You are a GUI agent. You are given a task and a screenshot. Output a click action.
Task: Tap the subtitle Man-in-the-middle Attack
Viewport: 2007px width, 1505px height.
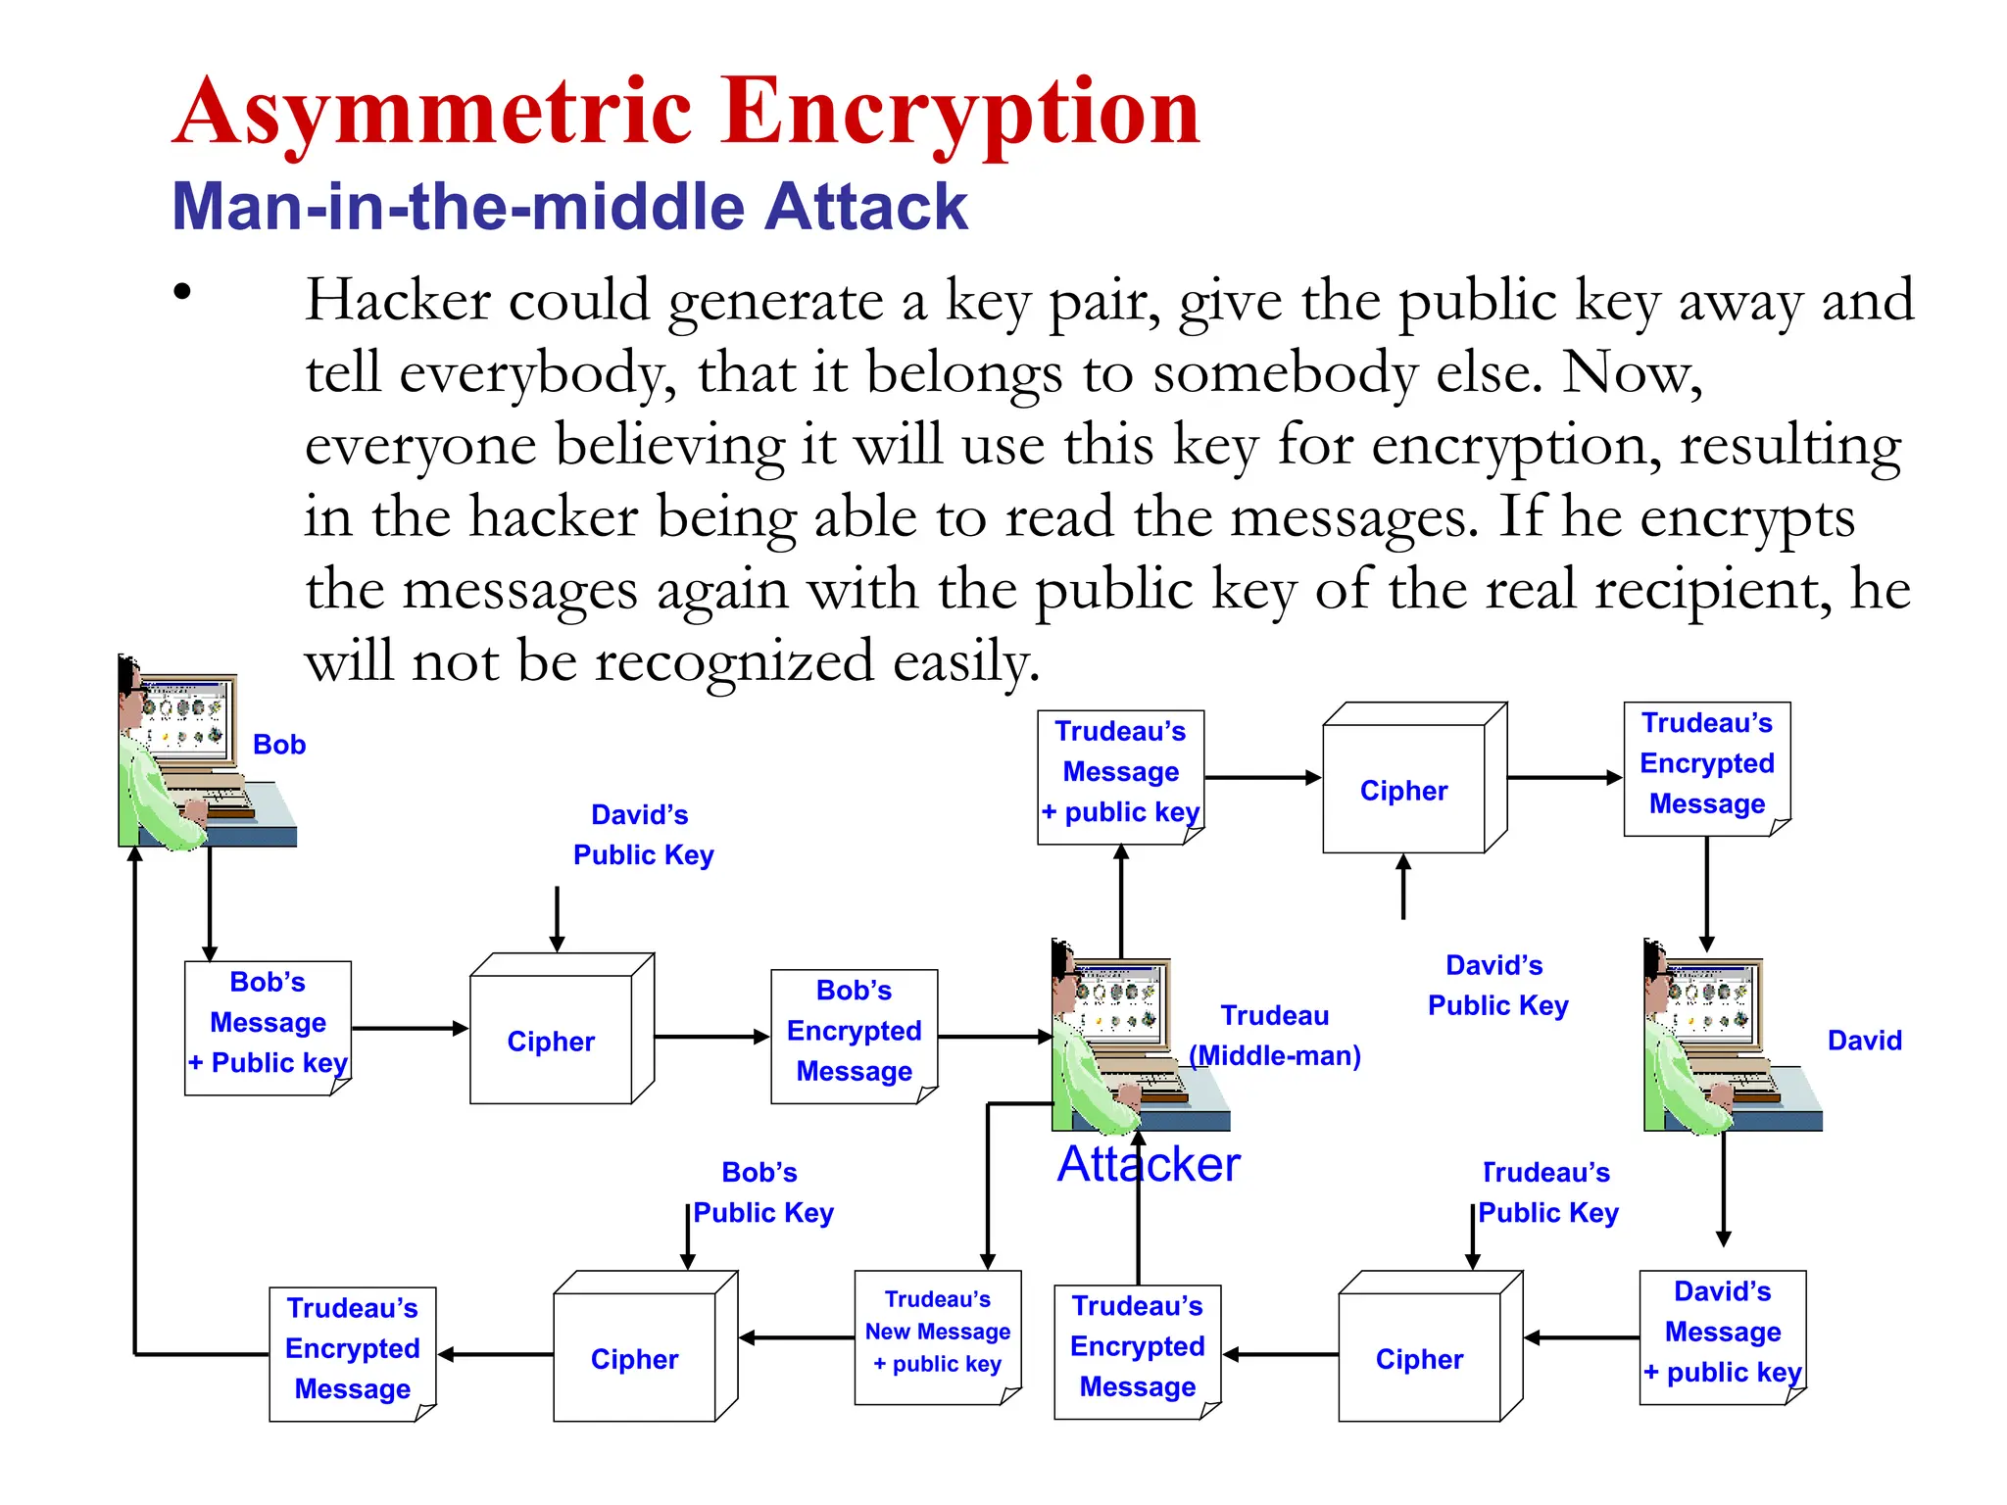pos(568,207)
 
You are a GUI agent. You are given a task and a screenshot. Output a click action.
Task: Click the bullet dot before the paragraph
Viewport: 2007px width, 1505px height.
pos(182,291)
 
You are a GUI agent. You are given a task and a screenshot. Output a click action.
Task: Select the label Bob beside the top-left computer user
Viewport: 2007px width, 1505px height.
pos(279,745)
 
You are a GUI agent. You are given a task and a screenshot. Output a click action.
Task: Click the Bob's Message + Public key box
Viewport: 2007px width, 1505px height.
pos(268,1024)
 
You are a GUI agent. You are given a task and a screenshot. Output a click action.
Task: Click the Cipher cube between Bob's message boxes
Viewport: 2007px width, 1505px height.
pos(552,1041)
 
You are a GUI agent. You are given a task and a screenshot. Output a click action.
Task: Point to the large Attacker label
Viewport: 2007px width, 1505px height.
pos(1148,1164)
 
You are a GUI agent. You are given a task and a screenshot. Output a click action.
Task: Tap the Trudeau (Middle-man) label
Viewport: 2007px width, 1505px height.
pos(1274,1036)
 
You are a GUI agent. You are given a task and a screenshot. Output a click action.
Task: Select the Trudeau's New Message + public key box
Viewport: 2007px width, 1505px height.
pos(938,1333)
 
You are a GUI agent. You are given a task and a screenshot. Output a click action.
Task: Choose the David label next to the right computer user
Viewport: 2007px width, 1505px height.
pos(1864,1041)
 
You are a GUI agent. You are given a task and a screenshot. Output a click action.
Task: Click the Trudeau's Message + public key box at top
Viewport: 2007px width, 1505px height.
pos(1120,773)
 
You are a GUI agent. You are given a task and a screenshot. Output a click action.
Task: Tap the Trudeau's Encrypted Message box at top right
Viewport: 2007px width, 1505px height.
pos(1706,764)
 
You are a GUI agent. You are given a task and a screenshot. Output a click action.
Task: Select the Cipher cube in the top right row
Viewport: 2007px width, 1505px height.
pos(1404,790)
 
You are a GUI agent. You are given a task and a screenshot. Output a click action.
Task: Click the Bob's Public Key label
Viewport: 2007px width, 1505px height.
pos(762,1192)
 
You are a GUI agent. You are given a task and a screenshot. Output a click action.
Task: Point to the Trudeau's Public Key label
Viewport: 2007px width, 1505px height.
pos(1547,1192)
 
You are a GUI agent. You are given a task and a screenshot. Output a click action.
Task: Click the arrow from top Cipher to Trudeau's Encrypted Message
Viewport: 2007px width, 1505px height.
pos(1564,778)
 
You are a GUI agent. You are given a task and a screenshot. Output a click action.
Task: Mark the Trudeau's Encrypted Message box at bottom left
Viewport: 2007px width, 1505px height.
pos(352,1349)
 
